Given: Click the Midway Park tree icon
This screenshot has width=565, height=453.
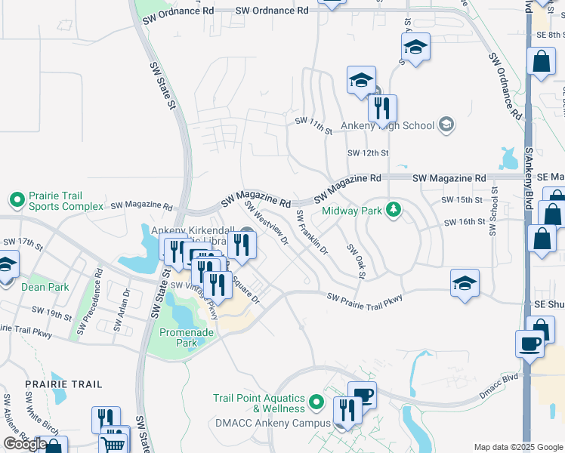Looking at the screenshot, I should click(392, 209).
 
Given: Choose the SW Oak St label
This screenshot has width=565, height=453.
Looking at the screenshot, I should click(356, 260).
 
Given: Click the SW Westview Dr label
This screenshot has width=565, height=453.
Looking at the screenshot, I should click(266, 223).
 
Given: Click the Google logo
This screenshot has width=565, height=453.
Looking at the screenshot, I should click(25, 443).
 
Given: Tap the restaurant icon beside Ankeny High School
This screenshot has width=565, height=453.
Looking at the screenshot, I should click(383, 109).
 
